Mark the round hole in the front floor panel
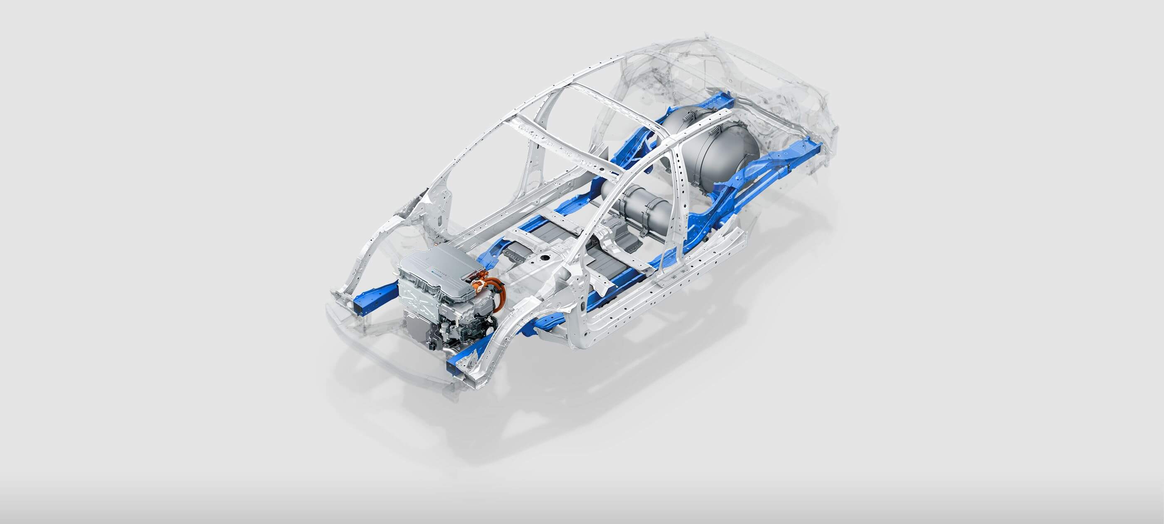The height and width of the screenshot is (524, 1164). point(545,258)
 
